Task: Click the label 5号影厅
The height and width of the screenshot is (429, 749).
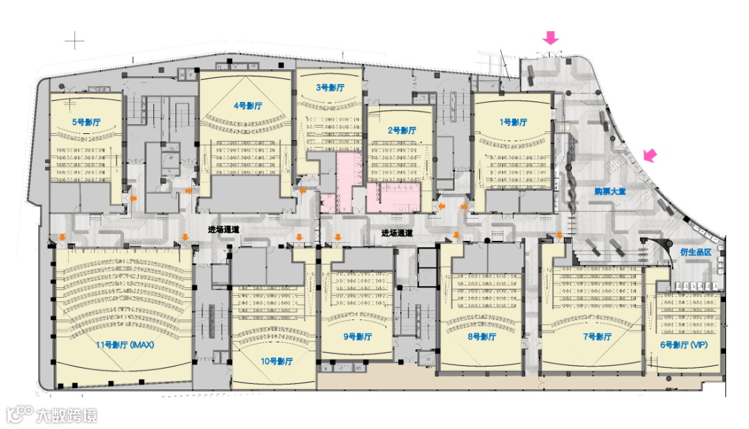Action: pyautogui.click(x=87, y=121)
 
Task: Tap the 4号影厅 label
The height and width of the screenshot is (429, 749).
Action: pyautogui.click(x=248, y=106)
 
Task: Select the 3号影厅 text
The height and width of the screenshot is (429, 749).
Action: pyautogui.click(x=330, y=87)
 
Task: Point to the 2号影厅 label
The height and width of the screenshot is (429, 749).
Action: pyautogui.click(x=402, y=130)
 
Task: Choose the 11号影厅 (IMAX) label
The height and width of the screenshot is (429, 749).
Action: pyautogui.click(x=124, y=345)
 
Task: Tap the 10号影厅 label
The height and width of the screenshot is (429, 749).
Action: pyautogui.click(x=277, y=361)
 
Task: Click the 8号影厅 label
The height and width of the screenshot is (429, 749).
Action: pyautogui.click(x=481, y=337)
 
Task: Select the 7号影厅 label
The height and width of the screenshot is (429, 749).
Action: pyautogui.click(x=596, y=337)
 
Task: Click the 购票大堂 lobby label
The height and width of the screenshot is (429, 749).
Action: pyautogui.click(x=610, y=191)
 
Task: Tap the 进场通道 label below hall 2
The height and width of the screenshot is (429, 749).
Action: pyautogui.click(x=397, y=233)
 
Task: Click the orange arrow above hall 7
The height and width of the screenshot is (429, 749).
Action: pyautogui.click(x=560, y=236)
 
